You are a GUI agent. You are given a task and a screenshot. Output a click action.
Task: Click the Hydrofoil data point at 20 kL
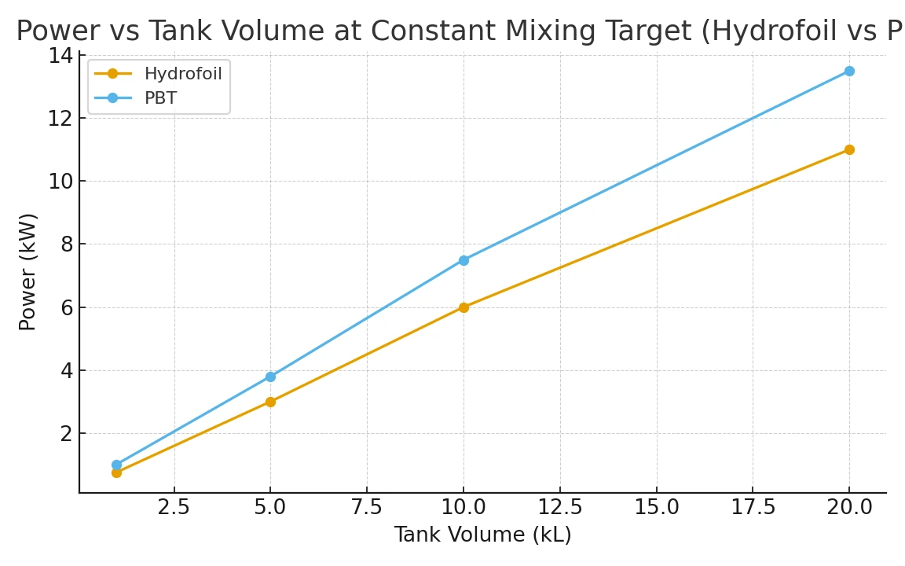pos(849,149)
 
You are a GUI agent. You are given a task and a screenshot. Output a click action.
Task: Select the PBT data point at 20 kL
pos(849,71)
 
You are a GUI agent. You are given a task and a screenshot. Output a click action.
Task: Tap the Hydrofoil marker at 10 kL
pos(463,307)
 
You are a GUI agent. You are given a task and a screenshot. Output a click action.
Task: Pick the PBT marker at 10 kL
pos(463,260)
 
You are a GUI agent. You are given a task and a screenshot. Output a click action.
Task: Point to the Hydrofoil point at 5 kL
pos(270,402)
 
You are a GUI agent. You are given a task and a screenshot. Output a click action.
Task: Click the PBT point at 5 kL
pos(270,377)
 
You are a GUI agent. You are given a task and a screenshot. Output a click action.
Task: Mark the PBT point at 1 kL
pos(116,465)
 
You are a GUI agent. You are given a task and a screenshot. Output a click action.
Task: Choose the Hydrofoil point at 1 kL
pos(116,472)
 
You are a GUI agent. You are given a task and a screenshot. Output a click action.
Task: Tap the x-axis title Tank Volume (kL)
pos(482,535)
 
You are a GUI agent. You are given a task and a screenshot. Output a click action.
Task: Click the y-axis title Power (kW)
pos(27,272)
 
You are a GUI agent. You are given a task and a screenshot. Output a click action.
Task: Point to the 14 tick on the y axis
pos(60,56)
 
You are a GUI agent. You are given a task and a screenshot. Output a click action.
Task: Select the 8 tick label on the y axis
pos(66,244)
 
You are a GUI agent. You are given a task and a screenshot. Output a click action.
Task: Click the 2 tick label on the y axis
pos(66,433)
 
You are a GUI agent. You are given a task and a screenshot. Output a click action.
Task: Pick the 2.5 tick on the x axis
pos(174,507)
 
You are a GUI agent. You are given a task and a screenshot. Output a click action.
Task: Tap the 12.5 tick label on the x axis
pos(559,507)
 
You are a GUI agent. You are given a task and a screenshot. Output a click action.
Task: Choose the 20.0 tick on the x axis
pos(849,507)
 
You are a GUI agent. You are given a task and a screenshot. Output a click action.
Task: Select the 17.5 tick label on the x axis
pos(753,507)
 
